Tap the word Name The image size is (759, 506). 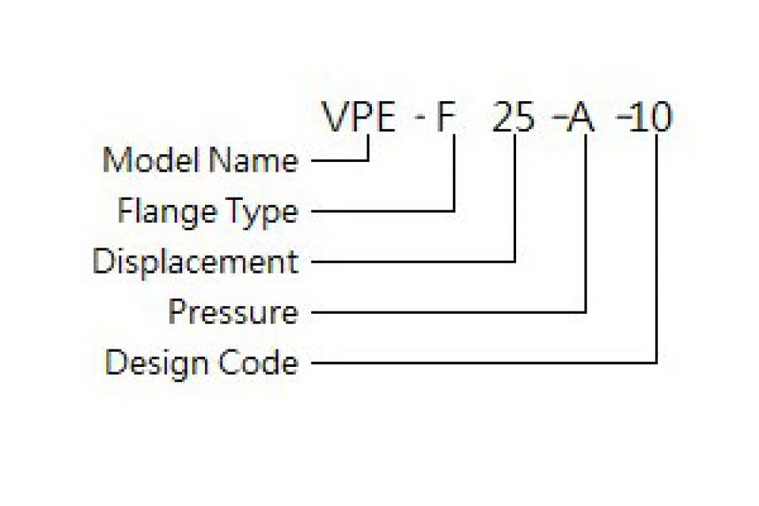click(x=254, y=160)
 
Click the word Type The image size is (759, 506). click(x=263, y=213)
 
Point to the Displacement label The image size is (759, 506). click(x=195, y=262)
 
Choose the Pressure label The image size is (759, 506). click(x=233, y=312)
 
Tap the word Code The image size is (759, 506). click(x=258, y=362)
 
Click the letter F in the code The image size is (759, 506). click(x=446, y=117)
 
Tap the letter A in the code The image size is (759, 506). click(x=581, y=117)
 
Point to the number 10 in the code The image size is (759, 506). click(x=651, y=117)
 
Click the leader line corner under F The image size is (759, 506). click(x=455, y=211)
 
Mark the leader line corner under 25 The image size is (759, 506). click(x=515, y=261)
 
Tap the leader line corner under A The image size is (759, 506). click(x=586, y=312)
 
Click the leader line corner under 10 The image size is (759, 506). click(x=657, y=362)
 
